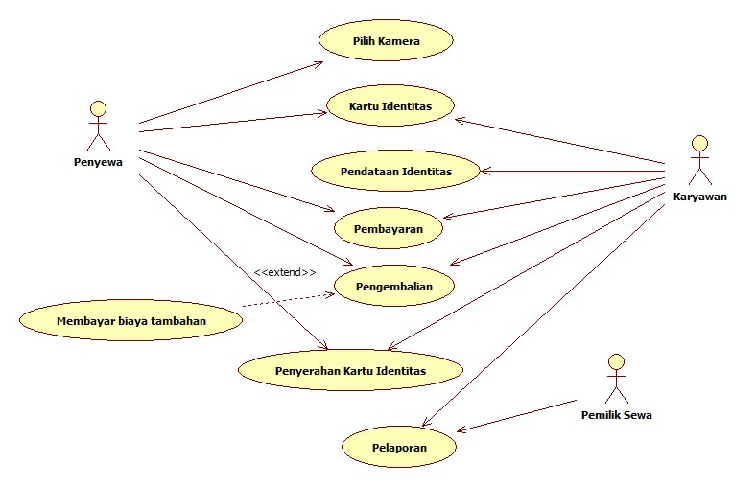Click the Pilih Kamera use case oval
pyautogui.click(x=385, y=42)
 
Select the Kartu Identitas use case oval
pyautogui.click(x=390, y=106)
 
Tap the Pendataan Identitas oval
pyautogui.click(x=395, y=171)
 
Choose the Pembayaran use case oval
pyautogui.click(x=390, y=229)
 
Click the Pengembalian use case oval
pyautogui.click(x=392, y=286)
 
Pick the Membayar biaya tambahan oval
pyautogui.click(x=130, y=319)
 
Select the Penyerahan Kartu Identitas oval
pyautogui.click(x=350, y=369)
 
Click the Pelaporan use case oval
pyautogui.click(x=399, y=447)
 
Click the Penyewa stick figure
pyautogui.click(x=98, y=127)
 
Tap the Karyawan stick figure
pyautogui.click(x=699, y=160)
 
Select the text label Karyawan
pyautogui.click(x=700, y=197)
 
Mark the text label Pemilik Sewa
pyautogui.click(x=616, y=415)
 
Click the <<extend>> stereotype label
pyautogui.click(x=285, y=273)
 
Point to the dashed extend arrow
pyautogui.click(x=288, y=296)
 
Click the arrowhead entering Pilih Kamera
pyautogui.click(x=320, y=64)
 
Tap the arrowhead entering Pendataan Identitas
pyautogui.click(x=484, y=172)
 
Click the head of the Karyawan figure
pyautogui.click(x=699, y=143)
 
